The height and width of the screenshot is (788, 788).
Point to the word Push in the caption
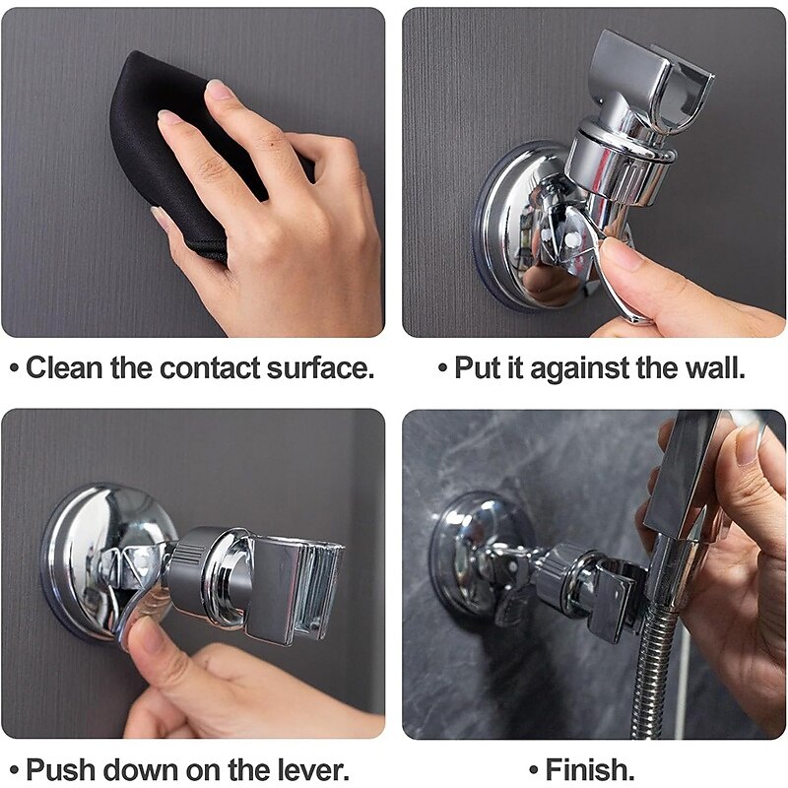60,768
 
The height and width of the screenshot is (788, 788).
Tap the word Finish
590,768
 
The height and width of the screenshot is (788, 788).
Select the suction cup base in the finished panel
473,552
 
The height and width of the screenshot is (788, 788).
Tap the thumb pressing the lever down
148,645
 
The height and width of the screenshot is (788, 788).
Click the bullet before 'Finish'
532,769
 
